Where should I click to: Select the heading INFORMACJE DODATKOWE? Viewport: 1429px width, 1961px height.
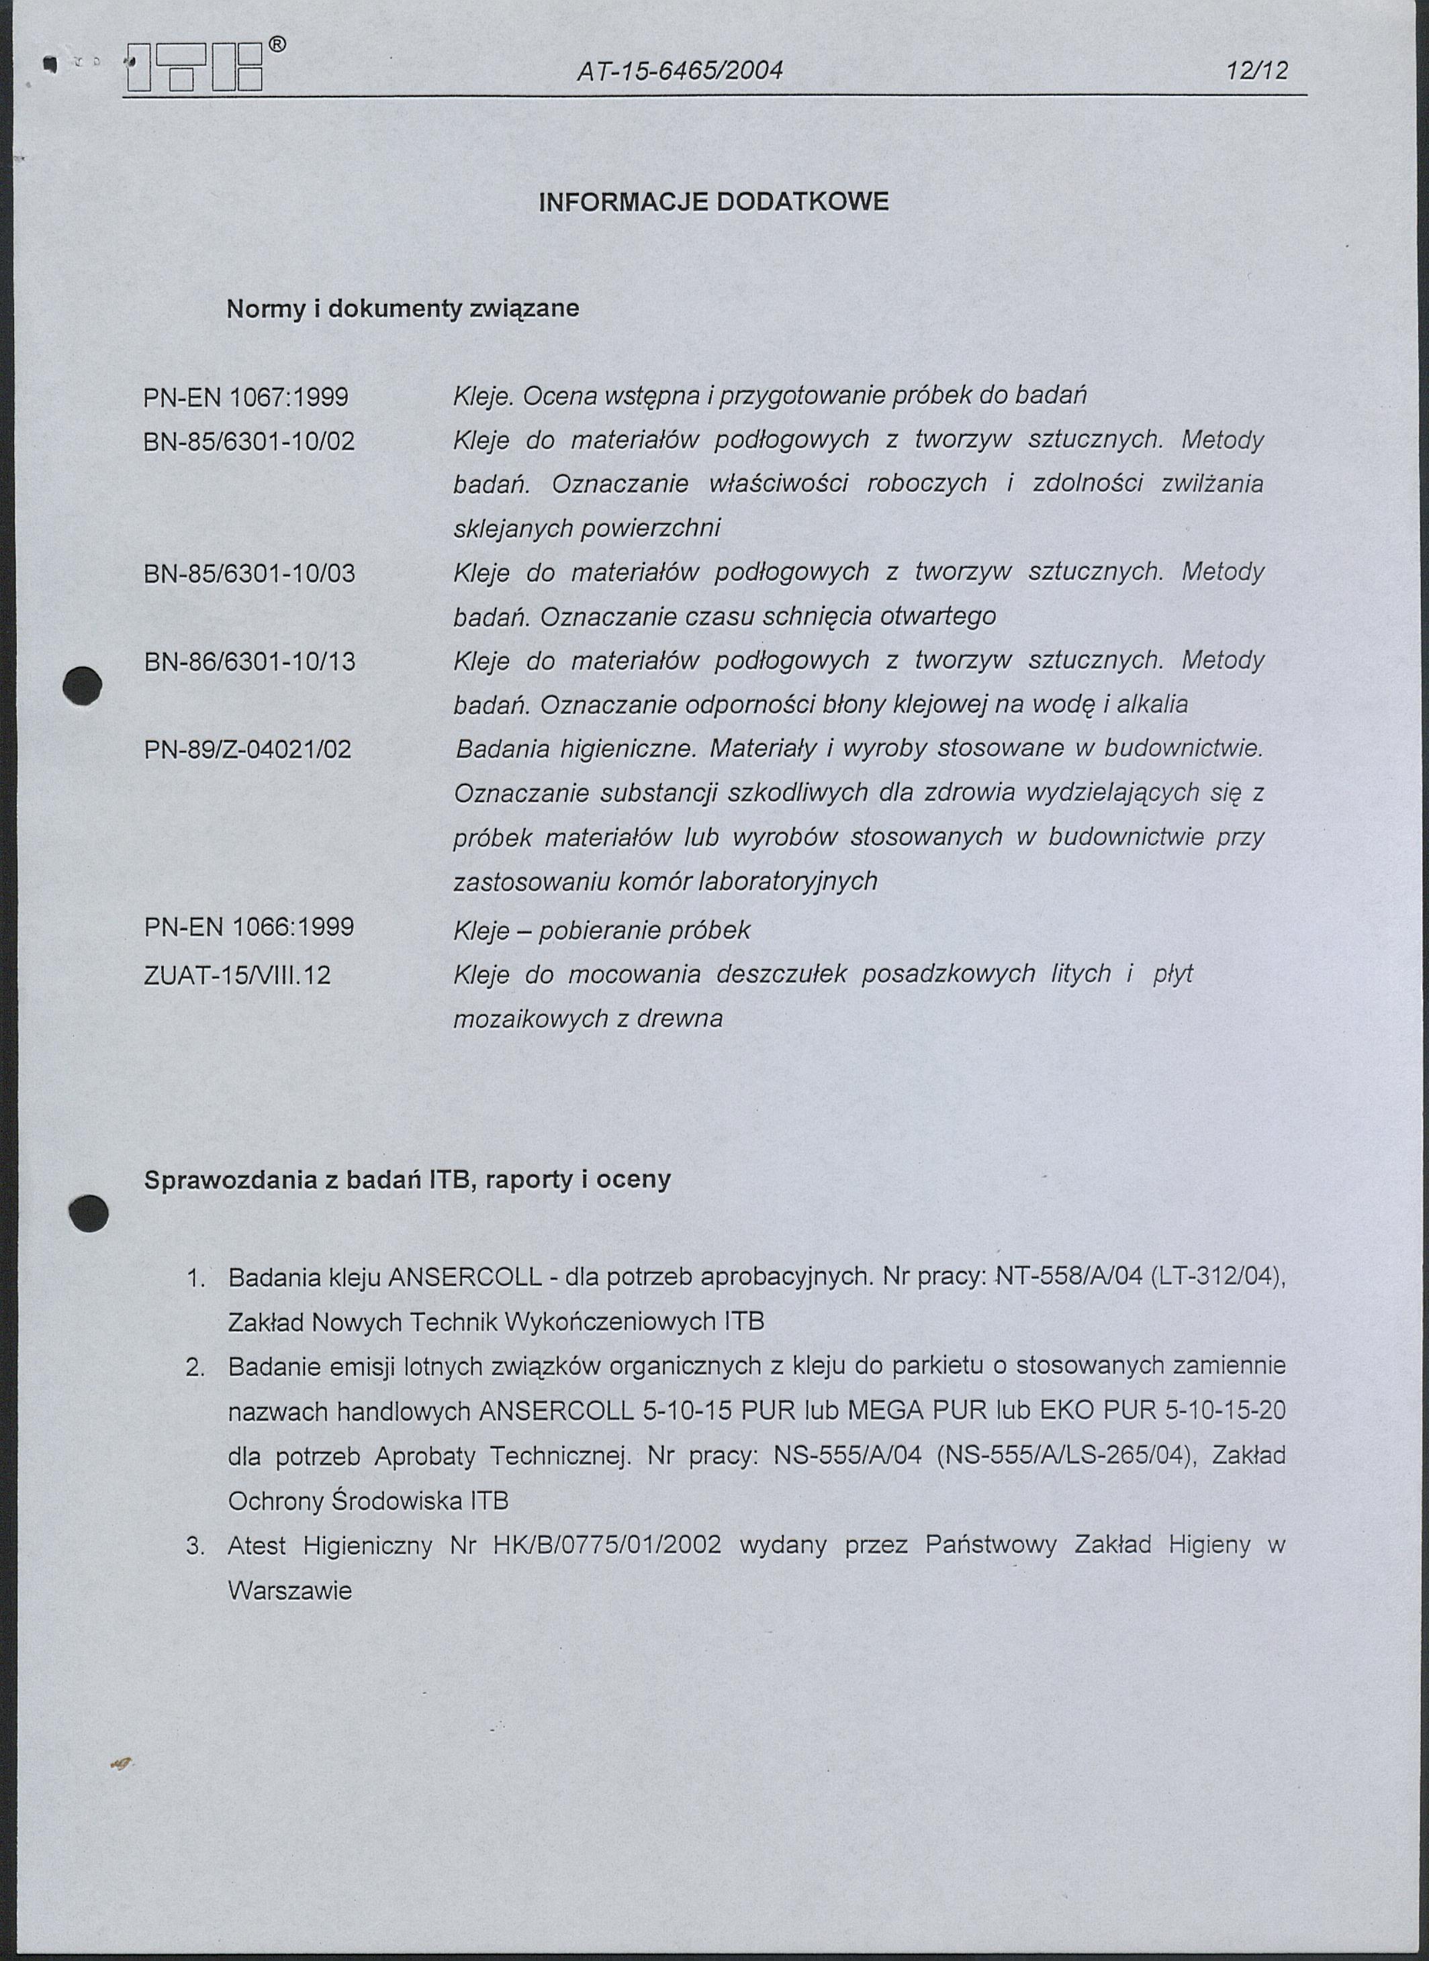coord(714,202)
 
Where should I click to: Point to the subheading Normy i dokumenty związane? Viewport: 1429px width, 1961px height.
coord(402,309)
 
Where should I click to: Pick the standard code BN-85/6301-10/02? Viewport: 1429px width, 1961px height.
coord(249,442)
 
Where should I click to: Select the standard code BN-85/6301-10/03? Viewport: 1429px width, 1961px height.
coord(249,573)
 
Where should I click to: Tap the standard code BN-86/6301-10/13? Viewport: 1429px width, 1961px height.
coord(249,662)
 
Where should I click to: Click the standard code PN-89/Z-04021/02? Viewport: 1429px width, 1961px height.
coord(248,749)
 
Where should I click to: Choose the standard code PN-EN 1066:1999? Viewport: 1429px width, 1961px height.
coord(249,927)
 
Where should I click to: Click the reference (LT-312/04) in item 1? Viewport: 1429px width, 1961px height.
coord(1219,1277)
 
